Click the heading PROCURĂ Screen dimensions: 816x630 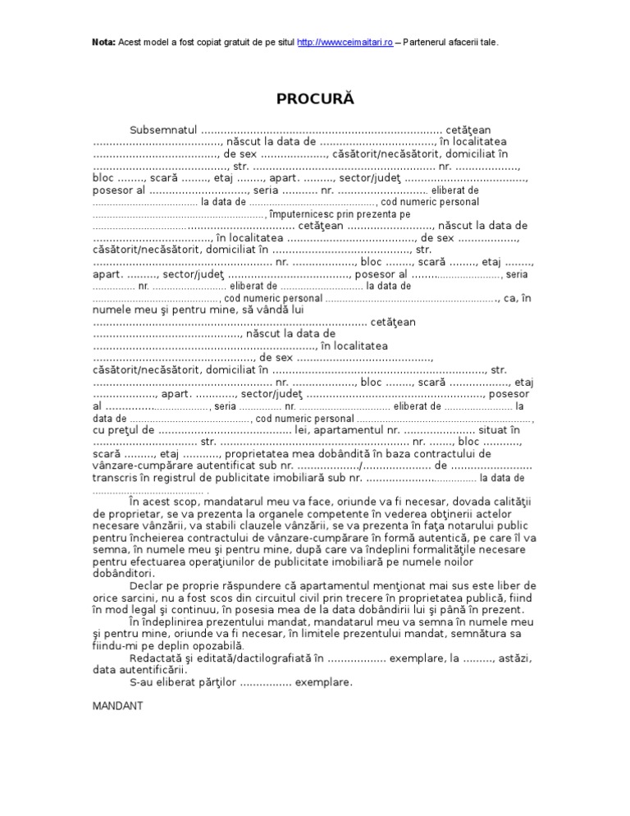(314, 99)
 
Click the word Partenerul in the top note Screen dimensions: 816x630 (430, 42)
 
